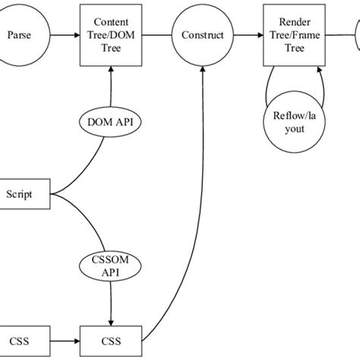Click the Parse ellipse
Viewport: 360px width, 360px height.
point(23,34)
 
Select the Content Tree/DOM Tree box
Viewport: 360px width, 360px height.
point(112,34)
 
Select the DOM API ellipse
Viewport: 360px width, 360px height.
point(112,121)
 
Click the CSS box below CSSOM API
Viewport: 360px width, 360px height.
point(112,334)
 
